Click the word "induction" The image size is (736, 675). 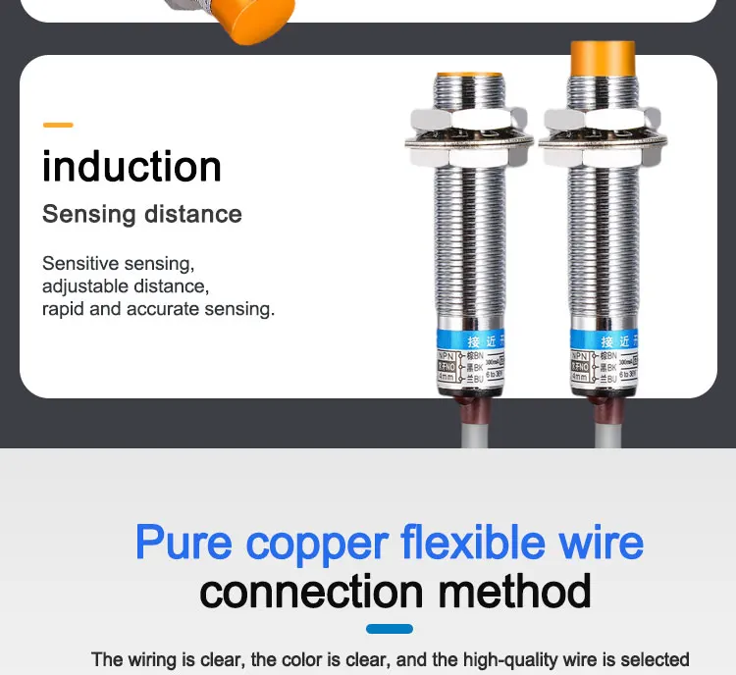tap(131, 167)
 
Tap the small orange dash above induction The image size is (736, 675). tap(58, 125)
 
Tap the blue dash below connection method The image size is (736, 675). tap(389, 629)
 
